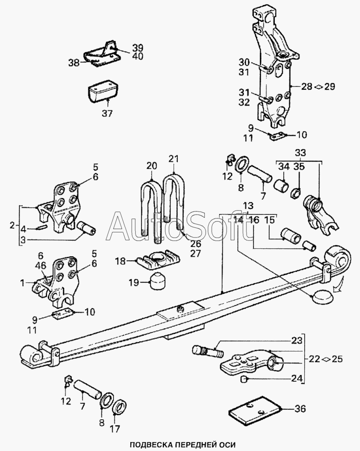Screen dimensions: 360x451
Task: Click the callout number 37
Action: [107, 113]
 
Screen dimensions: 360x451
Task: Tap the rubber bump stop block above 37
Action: [104, 91]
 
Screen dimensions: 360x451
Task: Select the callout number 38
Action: [73, 62]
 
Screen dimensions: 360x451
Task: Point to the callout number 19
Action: [134, 282]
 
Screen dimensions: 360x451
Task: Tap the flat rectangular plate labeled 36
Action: [255, 408]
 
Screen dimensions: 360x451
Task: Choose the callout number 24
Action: [297, 378]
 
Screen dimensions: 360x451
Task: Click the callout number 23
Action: [297, 340]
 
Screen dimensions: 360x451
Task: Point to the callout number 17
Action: [114, 429]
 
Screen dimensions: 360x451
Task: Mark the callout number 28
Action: [307, 86]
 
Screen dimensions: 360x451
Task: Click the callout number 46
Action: [42, 265]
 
